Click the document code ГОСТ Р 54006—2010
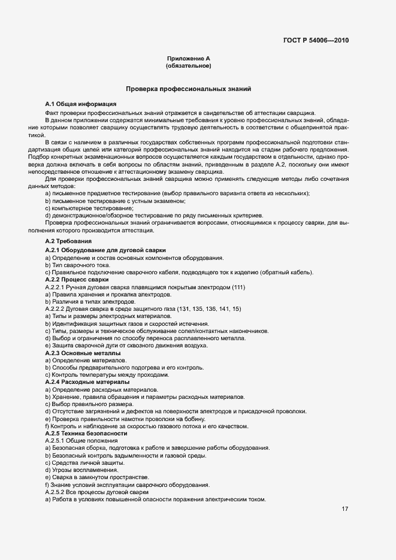(316, 41)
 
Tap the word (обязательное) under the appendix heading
(188, 66)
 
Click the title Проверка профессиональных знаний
(188, 89)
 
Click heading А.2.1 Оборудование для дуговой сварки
(105, 250)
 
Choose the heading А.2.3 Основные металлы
(83, 353)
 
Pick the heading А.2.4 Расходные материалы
(87, 382)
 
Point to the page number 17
(345, 509)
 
